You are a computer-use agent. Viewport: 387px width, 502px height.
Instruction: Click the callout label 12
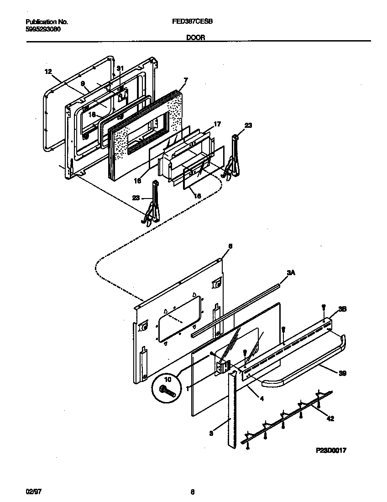(48, 71)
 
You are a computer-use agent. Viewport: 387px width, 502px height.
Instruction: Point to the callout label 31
(120, 68)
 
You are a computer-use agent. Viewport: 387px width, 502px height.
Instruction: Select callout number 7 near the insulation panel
(185, 80)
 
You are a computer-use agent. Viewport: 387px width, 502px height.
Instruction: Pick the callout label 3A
(290, 272)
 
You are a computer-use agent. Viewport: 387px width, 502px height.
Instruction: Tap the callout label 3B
(342, 309)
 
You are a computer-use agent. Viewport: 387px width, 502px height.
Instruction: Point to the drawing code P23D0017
(331, 450)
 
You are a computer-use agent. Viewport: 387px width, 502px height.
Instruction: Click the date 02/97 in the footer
(29, 492)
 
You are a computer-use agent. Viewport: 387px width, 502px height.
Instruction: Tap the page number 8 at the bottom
(193, 492)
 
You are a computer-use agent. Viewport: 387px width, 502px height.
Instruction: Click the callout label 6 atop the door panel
(230, 246)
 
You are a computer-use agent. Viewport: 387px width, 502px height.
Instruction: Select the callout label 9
(83, 84)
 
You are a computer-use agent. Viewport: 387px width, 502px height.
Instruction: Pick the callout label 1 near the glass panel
(187, 388)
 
